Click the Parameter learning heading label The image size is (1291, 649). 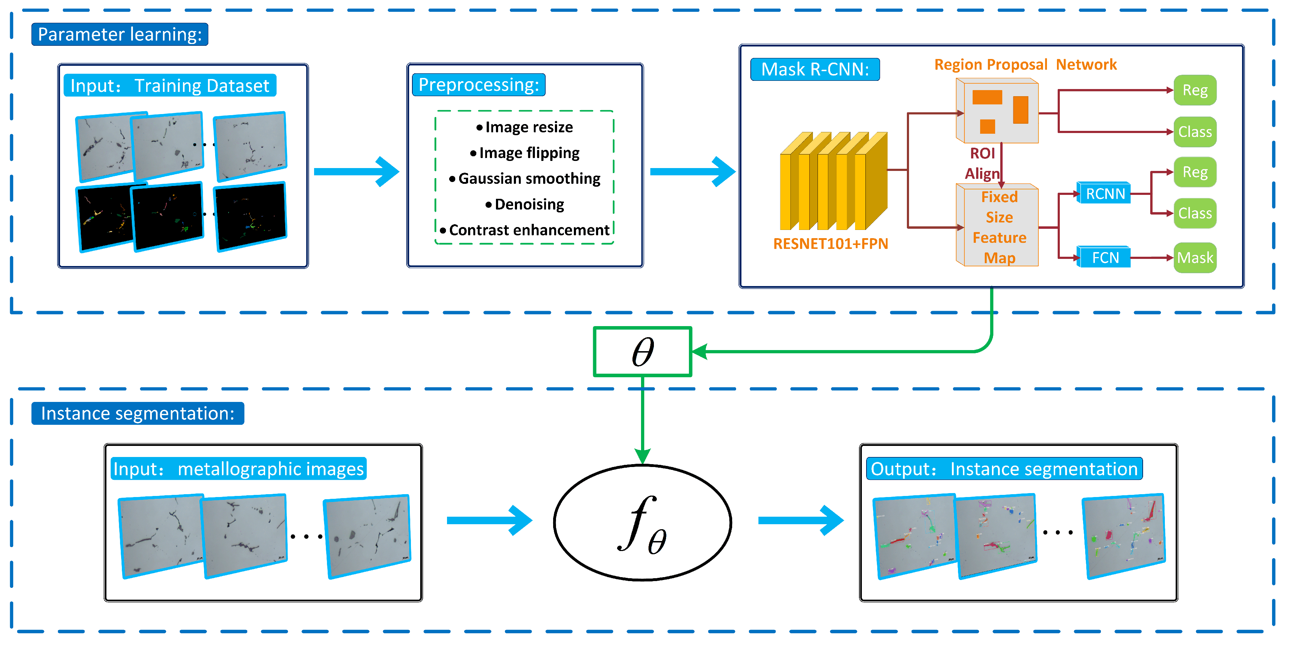[120, 34]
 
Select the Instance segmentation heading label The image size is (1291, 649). [137, 413]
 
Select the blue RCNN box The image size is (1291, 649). [1104, 193]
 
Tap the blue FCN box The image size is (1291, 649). [1104, 258]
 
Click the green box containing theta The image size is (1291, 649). [642, 351]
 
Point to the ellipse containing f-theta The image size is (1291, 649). [642, 523]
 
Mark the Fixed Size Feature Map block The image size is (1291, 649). [998, 227]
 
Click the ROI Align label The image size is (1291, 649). [982, 163]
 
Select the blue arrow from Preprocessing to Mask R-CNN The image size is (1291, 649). [692, 172]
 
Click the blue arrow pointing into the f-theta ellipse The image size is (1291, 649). [488, 521]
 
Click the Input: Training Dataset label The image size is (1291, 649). [169, 86]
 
